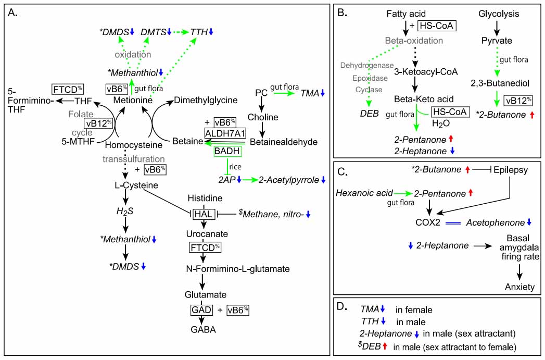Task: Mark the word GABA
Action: coord(201,329)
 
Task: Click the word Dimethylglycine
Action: coord(206,100)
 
